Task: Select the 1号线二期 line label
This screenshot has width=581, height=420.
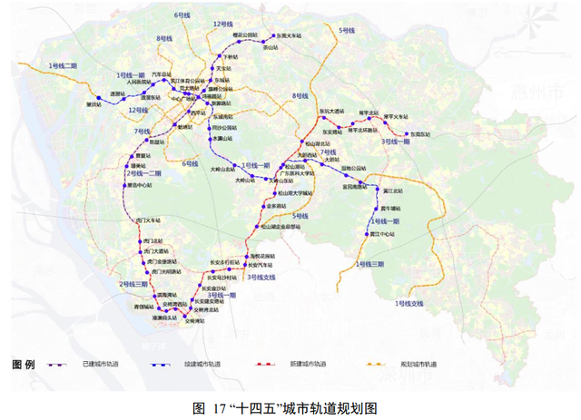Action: (64, 66)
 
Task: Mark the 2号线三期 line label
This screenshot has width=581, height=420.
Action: (133, 285)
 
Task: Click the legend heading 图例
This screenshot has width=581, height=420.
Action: (24, 364)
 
